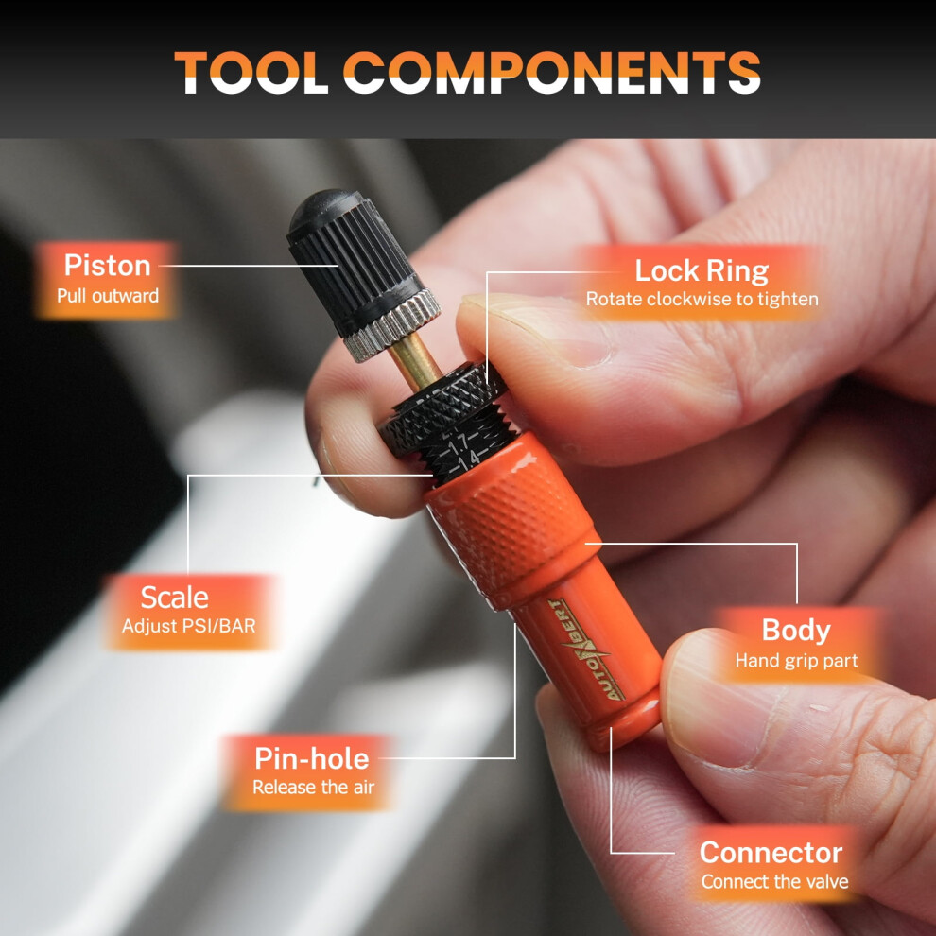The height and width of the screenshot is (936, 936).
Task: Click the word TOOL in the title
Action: pos(251,72)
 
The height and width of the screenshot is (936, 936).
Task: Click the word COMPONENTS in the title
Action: pos(552,72)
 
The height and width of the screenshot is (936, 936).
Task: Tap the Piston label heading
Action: pos(108,265)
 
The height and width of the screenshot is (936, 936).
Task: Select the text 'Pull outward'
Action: pos(108,296)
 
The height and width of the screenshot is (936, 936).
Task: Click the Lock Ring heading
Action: pos(702,270)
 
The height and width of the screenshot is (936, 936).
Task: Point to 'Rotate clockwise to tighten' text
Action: pos(702,299)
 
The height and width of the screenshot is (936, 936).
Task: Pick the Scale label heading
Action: pos(174,597)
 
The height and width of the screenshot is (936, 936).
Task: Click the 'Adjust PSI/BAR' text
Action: pos(189,626)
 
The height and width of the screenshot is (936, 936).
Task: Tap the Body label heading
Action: pos(796,631)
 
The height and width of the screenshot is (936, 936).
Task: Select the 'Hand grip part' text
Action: pos(796,660)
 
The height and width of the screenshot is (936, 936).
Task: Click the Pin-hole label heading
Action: pos(312,758)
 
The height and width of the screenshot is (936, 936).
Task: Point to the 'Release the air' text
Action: pos(313,787)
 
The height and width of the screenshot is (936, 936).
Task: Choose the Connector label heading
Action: pos(771,853)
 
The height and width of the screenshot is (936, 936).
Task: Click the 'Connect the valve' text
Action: pos(775,881)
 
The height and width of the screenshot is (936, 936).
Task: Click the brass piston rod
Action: pos(415,362)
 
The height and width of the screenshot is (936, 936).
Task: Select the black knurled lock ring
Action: pos(442,407)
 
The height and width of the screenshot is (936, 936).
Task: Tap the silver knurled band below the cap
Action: pos(391,325)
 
